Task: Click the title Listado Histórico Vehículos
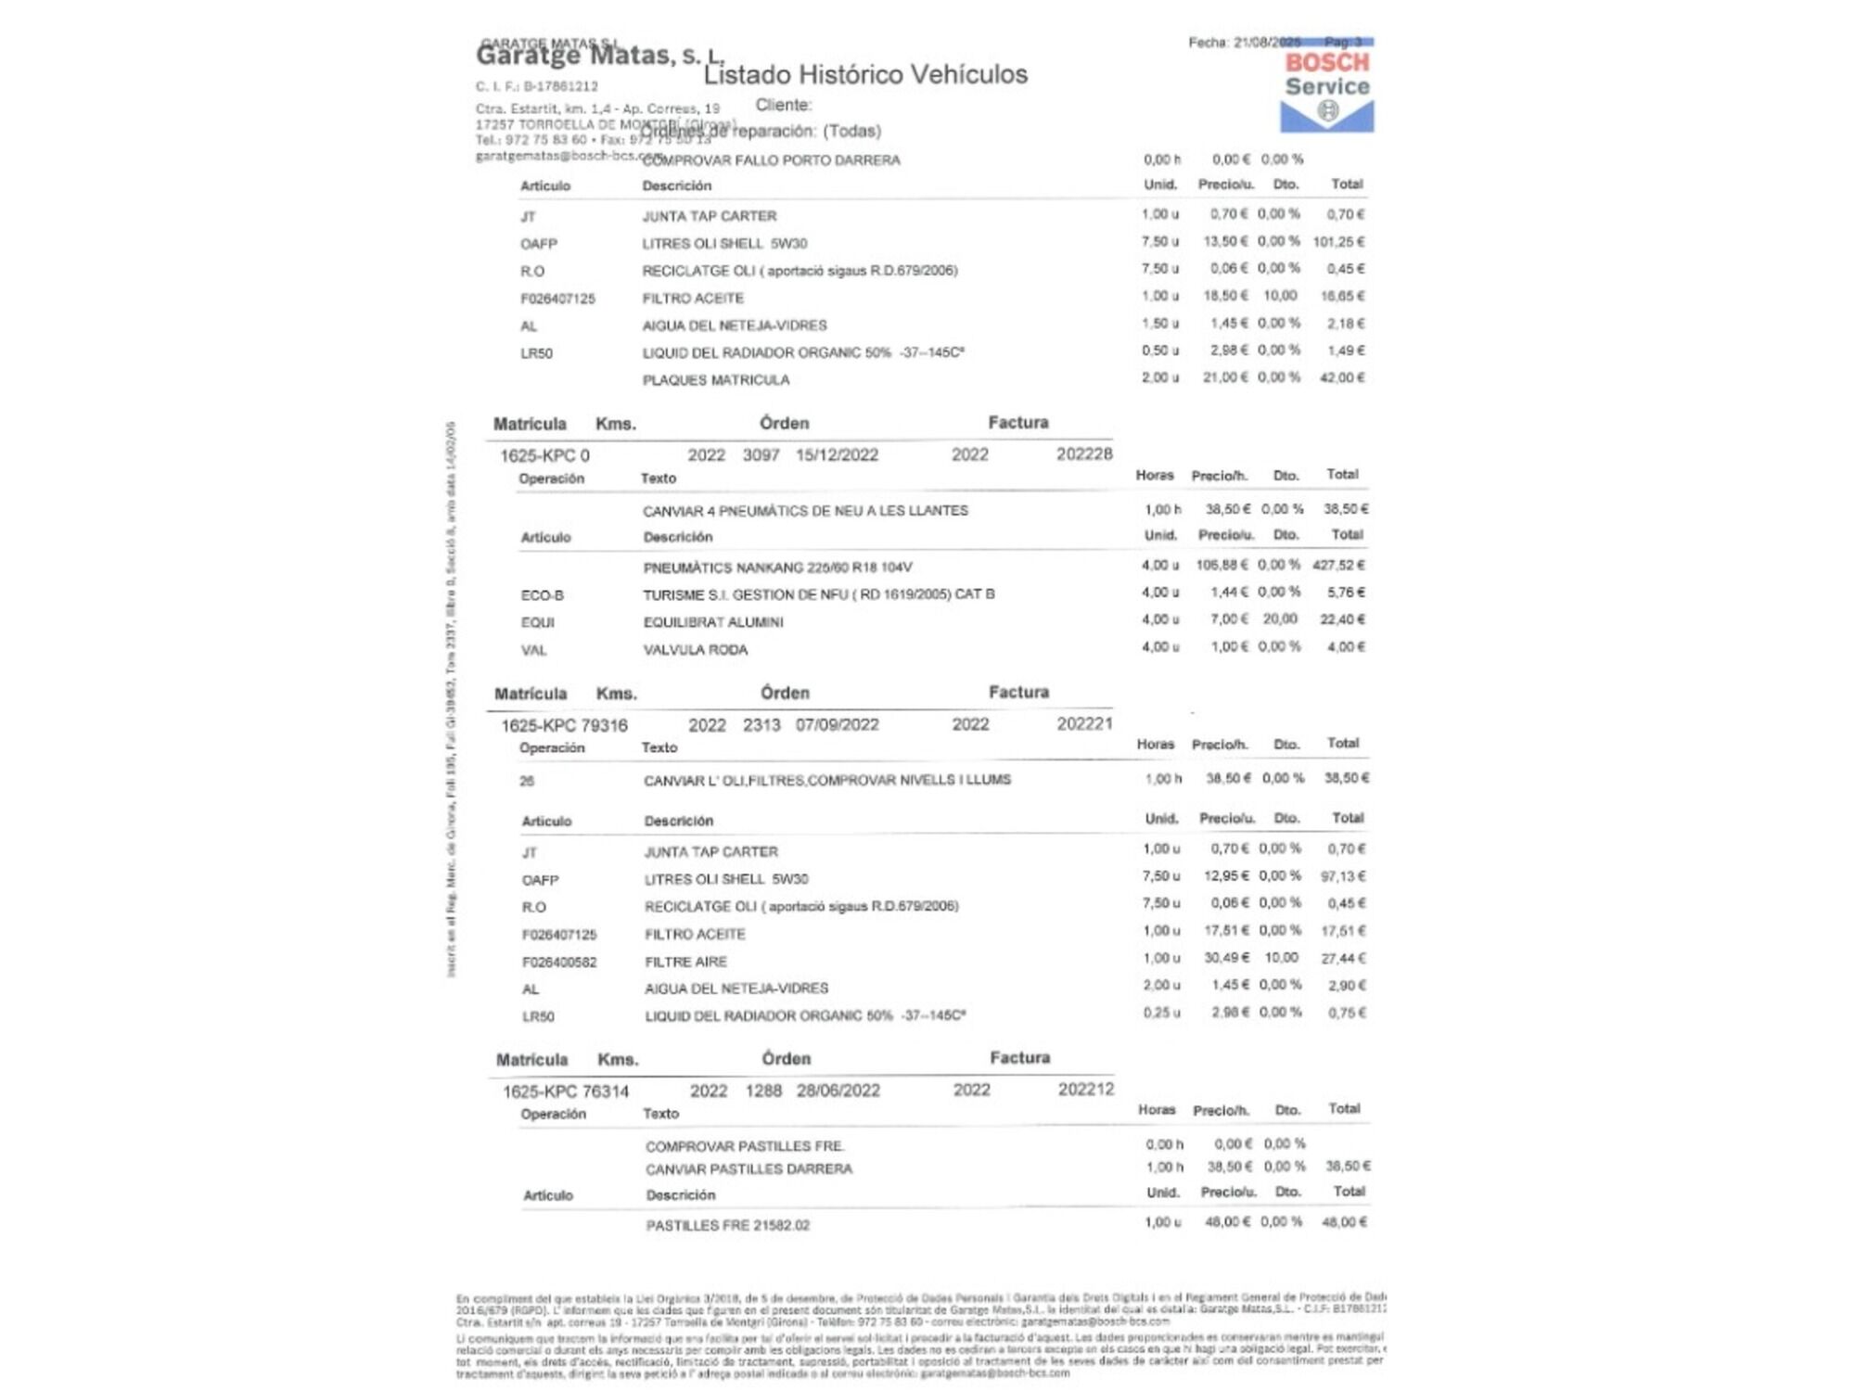[x=865, y=75]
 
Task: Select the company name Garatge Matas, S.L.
[x=599, y=56]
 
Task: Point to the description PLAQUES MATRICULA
[x=716, y=380]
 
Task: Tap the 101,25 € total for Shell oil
[x=1338, y=242]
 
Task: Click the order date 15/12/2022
[x=837, y=455]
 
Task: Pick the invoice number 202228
[x=1084, y=454]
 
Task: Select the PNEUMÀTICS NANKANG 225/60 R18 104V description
[x=777, y=568]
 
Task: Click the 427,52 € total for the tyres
[x=1338, y=565]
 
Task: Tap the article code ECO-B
[x=543, y=595]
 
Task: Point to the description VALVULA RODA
[x=696, y=650]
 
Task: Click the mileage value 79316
[x=605, y=725]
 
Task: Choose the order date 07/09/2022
[x=837, y=725]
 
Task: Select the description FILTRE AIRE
[x=686, y=962]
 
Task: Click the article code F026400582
[x=559, y=962]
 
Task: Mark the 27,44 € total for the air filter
[x=1344, y=958]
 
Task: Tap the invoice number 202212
[x=1086, y=1090]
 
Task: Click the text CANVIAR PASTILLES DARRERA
[x=748, y=1169]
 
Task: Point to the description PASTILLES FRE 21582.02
[x=728, y=1226]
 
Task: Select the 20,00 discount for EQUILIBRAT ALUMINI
[x=1280, y=619]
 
